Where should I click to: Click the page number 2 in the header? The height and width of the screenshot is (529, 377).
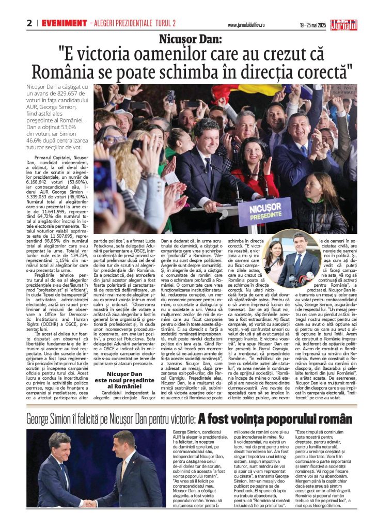point(30,23)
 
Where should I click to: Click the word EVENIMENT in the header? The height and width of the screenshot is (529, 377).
point(64,23)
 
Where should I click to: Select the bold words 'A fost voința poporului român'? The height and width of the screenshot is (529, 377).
point(275,418)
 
